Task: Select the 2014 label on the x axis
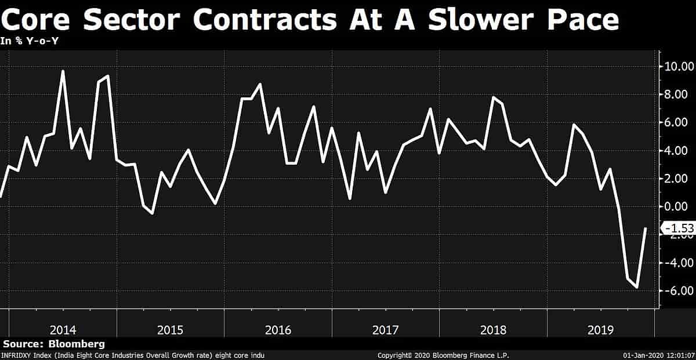(x=63, y=330)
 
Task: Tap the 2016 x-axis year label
(x=278, y=330)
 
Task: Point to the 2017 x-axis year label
(x=386, y=330)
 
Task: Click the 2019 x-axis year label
(x=600, y=330)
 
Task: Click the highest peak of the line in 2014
(x=63, y=71)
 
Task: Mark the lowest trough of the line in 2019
(x=637, y=287)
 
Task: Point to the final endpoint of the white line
(x=646, y=228)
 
